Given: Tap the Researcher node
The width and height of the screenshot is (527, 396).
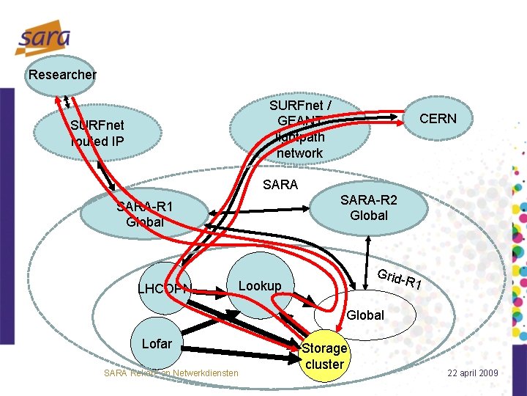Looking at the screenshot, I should [61, 74].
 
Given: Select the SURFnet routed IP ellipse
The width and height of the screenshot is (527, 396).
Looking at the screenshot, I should [99, 132].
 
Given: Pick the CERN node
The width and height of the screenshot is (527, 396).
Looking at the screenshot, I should [438, 119].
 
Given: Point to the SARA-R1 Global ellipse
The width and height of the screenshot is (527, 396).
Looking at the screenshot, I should [143, 213].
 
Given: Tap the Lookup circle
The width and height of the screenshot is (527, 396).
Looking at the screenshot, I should [261, 285].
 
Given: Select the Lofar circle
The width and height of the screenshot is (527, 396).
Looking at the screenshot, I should [157, 343].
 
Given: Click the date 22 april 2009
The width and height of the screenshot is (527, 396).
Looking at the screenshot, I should [473, 373].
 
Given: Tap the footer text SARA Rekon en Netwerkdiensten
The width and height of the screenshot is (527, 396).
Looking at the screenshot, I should [171, 373].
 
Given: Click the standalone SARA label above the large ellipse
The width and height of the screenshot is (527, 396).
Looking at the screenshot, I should [280, 185].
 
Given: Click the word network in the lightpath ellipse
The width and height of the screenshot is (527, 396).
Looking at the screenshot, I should [300, 153].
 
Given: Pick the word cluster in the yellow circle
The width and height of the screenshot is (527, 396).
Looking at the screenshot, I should [324, 364].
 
